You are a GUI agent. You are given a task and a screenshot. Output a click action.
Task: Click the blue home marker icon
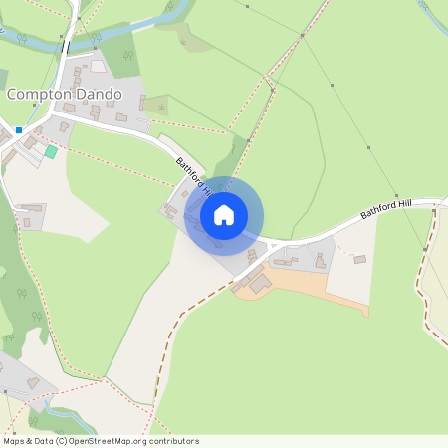(224, 215)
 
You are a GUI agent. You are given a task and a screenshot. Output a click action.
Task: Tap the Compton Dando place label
(65, 94)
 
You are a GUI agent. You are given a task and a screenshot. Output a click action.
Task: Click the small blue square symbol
(19, 129)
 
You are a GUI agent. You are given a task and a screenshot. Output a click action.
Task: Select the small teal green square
(51, 151)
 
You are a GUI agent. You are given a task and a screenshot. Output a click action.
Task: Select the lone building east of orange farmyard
(359, 259)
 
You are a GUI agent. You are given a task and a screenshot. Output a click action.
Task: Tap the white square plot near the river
(98, 66)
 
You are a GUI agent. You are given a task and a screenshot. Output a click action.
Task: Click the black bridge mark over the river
(66, 45)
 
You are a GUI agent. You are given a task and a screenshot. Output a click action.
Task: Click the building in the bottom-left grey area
(32, 381)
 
